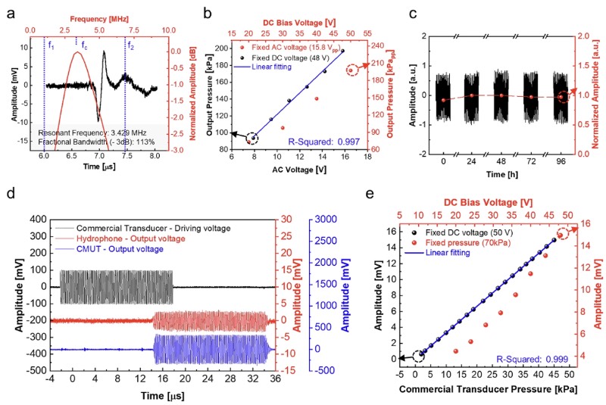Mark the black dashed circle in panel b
click(x=254, y=138)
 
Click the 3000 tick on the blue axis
click(x=354, y=218)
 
